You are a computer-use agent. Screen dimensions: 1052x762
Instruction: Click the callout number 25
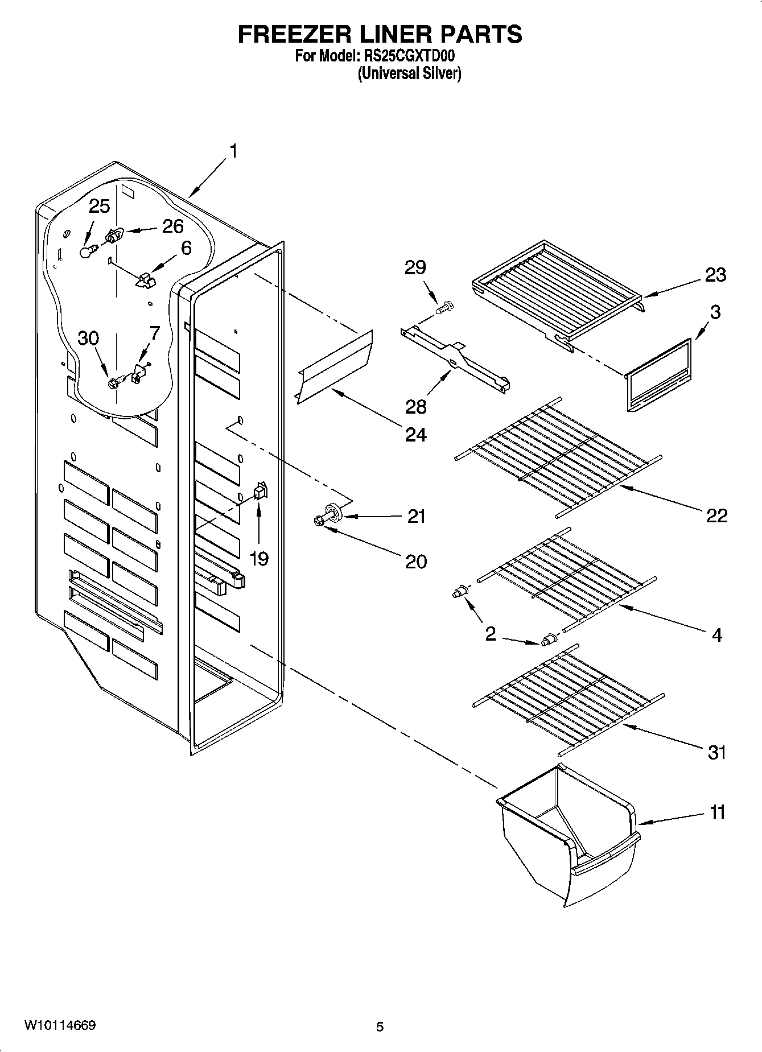[x=100, y=206]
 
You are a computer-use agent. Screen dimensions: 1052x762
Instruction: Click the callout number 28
[x=416, y=406]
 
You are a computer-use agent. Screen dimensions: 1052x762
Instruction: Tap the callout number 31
[x=717, y=752]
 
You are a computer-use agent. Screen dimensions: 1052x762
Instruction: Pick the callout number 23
[x=715, y=275]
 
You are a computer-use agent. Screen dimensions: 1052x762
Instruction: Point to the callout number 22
[x=716, y=515]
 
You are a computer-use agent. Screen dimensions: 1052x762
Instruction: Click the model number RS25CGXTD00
[x=409, y=57]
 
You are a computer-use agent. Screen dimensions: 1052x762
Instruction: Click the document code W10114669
[x=60, y=1026]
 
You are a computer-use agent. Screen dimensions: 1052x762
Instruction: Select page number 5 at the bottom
[x=380, y=1027]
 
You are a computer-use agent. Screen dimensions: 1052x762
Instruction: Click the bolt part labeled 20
[x=319, y=520]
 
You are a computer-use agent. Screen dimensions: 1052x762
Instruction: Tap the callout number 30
[x=88, y=338]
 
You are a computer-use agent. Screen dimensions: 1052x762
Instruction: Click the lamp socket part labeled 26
[x=115, y=235]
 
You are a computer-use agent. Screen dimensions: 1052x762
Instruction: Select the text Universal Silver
[x=409, y=73]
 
